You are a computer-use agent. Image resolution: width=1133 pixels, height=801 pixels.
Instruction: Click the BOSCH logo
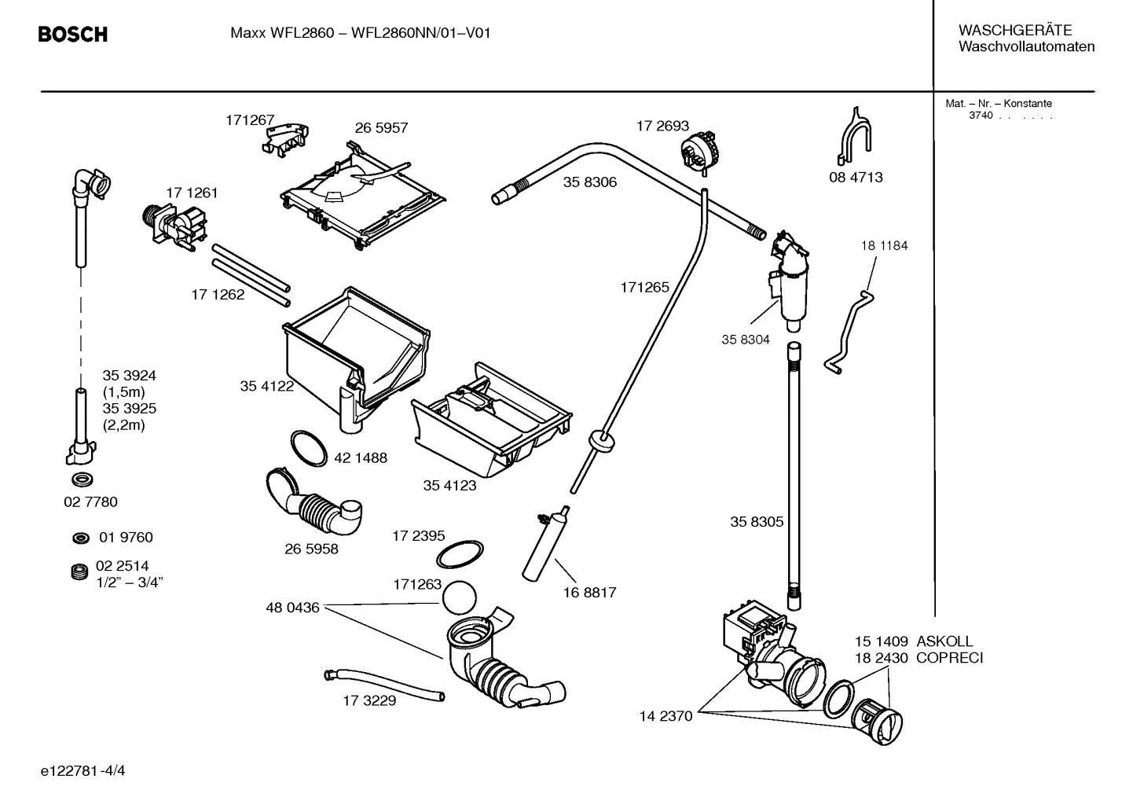[x=72, y=35]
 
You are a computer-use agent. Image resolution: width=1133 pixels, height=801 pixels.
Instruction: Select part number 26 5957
[x=381, y=128]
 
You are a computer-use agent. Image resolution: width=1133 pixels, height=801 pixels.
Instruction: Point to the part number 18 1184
[x=884, y=246]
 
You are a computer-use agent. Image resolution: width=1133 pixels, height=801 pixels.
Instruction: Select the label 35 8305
[x=757, y=522]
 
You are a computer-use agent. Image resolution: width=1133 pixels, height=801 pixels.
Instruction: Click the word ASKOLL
[x=944, y=641]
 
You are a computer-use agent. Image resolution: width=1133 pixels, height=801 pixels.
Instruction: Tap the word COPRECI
[x=949, y=658]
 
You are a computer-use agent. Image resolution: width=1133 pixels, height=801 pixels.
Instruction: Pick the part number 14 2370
[x=665, y=716]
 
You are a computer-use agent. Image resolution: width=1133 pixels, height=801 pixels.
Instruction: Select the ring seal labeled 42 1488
[x=309, y=448]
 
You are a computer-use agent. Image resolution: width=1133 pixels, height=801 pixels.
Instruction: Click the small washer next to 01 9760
[x=79, y=538]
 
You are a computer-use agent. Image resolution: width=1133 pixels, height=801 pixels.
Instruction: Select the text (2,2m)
[x=123, y=425]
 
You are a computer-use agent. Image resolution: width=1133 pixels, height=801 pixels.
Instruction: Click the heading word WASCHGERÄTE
[x=1014, y=31]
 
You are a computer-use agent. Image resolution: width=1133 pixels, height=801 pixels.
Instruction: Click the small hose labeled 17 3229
[x=383, y=683]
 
